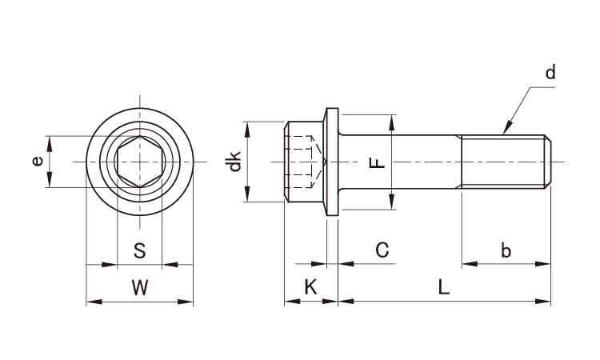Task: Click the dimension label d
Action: click(550, 73)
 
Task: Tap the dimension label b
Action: click(506, 250)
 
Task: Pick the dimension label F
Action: click(377, 163)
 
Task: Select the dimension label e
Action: click(37, 161)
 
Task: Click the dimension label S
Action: click(139, 251)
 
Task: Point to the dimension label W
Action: click(139, 288)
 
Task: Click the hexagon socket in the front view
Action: click(139, 162)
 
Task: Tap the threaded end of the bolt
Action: click(506, 162)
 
